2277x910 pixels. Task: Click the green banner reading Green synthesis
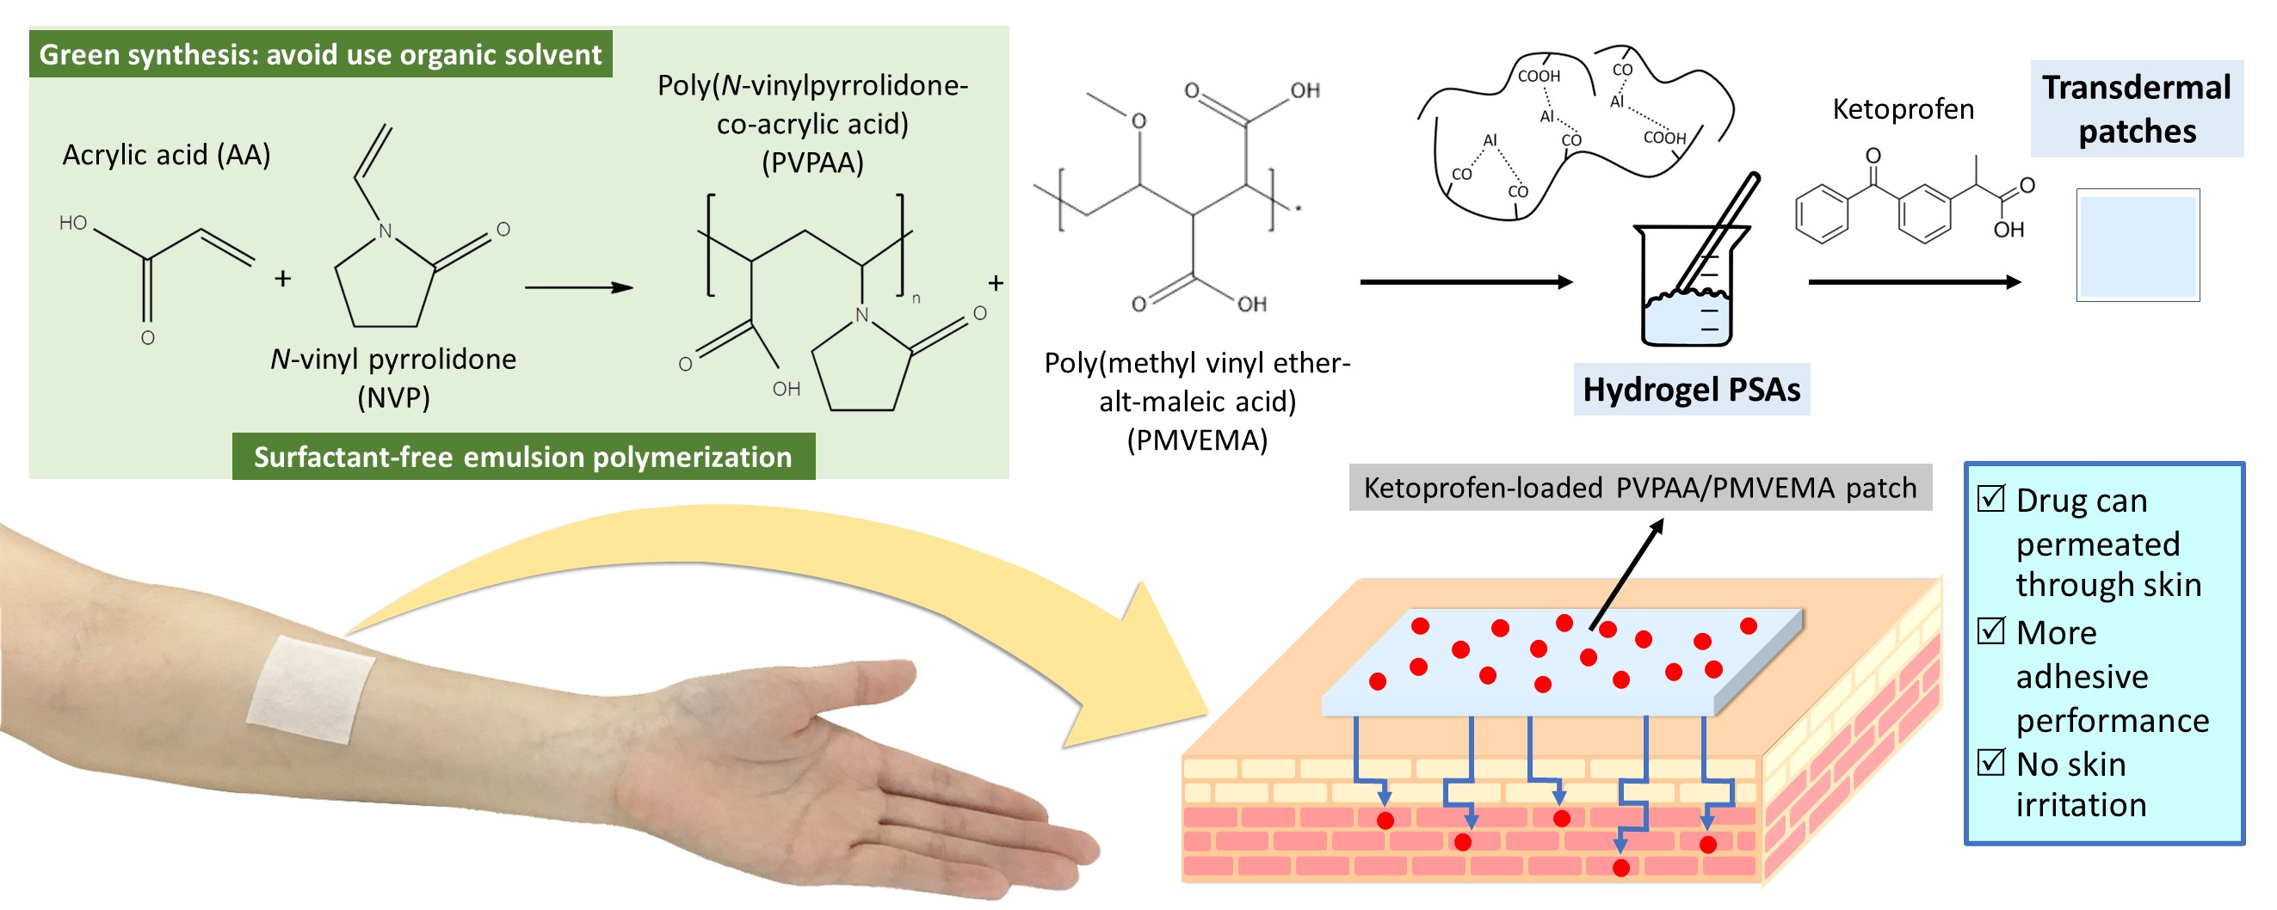[x=320, y=55]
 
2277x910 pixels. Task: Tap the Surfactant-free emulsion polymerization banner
[x=523, y=457]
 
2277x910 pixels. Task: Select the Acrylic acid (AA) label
[x=166, y=156]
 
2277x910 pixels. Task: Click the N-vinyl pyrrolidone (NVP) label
[x=393, y=378]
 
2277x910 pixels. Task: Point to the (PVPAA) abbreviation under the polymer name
[x=812, y=163]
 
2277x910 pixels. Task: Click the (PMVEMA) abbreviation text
[x=1197, y=440]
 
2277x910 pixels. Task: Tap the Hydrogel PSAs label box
[x=1691, y=390]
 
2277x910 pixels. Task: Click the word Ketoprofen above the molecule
[x=1902, y=109]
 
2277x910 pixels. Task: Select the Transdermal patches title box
[x=2136, y=108]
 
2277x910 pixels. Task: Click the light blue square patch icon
[x=2138, y=246]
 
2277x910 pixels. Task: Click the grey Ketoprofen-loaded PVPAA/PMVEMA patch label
[x=1639, y=488]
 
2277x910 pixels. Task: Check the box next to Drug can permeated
[x=1990, y=499]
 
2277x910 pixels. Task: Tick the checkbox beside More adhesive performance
[x=1990, y=630]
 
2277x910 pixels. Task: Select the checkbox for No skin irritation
[x=1990, y=761]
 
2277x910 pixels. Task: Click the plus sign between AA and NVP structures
[x=283, y=280]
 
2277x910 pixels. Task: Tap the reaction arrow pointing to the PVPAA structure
[x=579, y=288]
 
